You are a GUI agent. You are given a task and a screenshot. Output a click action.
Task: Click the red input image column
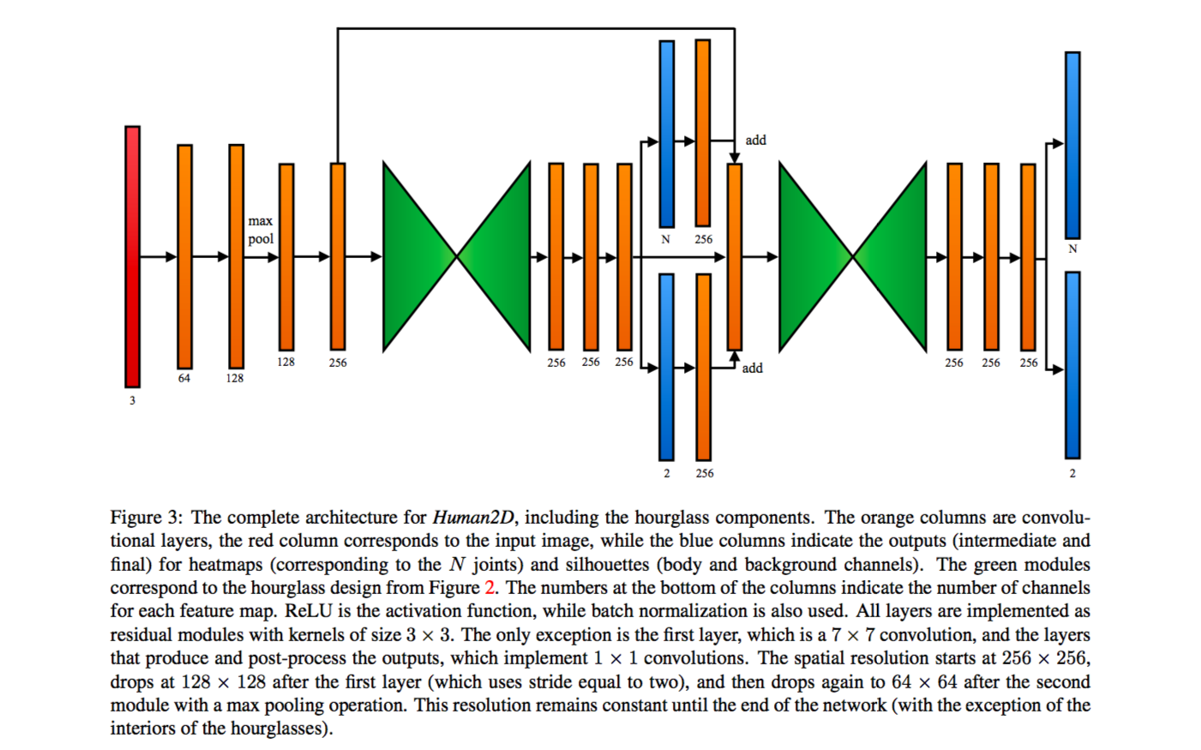tap(132, 257)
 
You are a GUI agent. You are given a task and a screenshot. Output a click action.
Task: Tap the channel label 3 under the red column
tap(132, 400)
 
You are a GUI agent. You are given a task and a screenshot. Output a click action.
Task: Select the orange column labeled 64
tap(184, 257)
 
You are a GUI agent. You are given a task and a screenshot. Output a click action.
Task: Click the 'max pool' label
tap(261, 230)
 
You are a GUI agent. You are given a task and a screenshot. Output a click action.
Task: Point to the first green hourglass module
tap(456, 256)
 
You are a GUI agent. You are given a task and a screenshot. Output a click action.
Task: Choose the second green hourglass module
tap(853, 256)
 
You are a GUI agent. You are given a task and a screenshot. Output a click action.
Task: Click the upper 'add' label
tap(755, 140)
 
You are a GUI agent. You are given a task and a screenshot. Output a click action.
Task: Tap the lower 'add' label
tap(752, 368)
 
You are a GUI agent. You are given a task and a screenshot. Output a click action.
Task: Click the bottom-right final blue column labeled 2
tap(1072, 365)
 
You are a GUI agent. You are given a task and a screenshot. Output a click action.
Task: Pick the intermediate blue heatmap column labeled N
tap(666, 134)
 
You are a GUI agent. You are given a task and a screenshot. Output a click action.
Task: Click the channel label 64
tap(184, 378)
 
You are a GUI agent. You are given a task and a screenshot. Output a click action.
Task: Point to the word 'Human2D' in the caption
tap(473, 518)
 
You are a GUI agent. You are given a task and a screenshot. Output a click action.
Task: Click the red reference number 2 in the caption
tap(489, 588)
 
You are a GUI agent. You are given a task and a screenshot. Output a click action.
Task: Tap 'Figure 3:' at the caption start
tap(146, 518)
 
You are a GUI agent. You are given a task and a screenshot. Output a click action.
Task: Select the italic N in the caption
tap(457, 565)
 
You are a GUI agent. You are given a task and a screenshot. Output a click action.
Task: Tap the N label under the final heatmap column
tap(1072, 249)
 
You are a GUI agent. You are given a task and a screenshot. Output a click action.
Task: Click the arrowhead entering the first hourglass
tap(376, 256)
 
